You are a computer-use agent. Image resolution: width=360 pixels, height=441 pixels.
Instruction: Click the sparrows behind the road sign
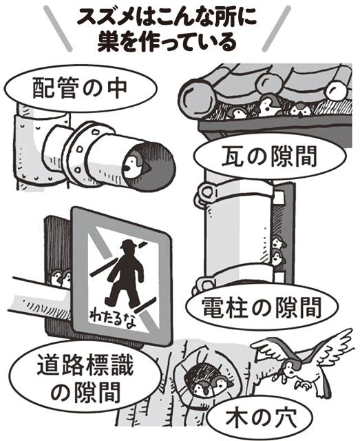[x=61, y=278]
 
